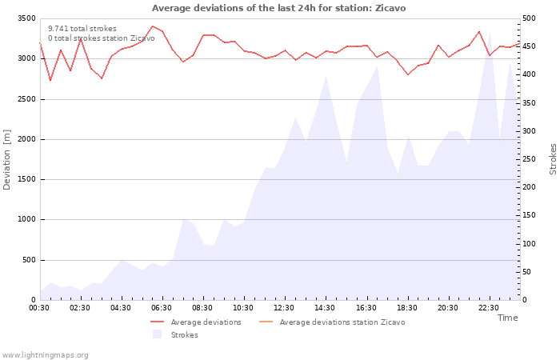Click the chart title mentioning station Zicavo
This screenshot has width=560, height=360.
[278, 8]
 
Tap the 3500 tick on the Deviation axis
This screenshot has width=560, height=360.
[26, 18]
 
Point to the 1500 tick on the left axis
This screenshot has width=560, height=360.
[26, 179]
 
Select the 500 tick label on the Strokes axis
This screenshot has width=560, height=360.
[529, 18]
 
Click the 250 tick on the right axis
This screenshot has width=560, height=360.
[529, 159]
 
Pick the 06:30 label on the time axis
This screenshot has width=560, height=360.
[162, 308]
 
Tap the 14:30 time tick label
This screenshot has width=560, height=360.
[325, 308]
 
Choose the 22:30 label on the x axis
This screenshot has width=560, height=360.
[488, 308]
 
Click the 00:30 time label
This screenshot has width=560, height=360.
[39, 308]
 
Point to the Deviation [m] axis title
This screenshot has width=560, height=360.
[6, 160]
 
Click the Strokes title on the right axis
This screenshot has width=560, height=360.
[553, 159]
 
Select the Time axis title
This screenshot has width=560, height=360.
[507, 318]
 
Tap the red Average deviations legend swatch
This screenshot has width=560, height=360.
[157, 322]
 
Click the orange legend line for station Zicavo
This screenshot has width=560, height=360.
[266, 322]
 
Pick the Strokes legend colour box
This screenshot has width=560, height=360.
[157, 334]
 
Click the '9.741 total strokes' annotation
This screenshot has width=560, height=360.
[82, 29]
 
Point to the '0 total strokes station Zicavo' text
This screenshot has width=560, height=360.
[102, 38]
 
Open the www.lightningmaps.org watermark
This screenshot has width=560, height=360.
[45, 355]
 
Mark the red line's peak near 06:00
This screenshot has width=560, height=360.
[153, 26]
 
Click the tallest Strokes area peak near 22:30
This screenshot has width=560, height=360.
[490, 34]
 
